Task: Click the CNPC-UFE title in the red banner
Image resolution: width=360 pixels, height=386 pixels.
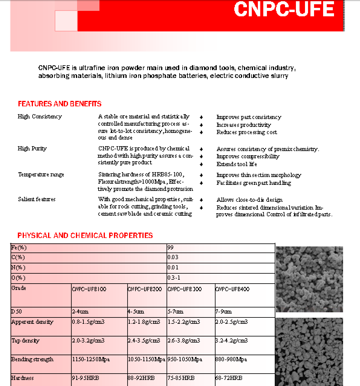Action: [x=284, y=9]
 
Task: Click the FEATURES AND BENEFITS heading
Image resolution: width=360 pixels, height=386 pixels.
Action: [x=60, y=104]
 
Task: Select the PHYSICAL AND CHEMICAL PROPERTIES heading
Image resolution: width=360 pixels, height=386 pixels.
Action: [x=85, y=236]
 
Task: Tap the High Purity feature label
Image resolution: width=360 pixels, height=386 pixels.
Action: [x=32, y=149]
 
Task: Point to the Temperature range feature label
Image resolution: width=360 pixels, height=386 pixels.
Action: [x=41, y=175]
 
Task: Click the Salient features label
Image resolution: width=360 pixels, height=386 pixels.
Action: [x=37, y=199]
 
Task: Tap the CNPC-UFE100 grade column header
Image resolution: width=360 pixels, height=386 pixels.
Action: [x=89, y=289]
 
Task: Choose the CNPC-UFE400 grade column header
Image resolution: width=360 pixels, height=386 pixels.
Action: [x=232, y=289]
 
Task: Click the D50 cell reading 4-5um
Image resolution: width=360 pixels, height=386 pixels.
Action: [x=136, y=312]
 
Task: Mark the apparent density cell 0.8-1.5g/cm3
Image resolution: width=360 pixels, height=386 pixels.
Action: [x=88, y=322]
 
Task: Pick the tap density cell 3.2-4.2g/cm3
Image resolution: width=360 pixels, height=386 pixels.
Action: [x=232, y=341]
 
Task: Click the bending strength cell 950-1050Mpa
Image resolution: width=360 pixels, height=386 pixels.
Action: [x=185, y=359]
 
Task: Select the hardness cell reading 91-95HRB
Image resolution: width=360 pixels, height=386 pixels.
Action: [x=86, y=378]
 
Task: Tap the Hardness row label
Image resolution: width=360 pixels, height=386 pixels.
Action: [x=22, y=378]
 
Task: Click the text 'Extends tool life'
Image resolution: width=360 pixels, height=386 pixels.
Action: [x=237, y=164]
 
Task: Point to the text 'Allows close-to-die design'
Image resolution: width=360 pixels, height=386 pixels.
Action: [x=249, y=200]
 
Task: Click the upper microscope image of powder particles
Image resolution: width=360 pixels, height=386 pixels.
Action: [x=309, y=279]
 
